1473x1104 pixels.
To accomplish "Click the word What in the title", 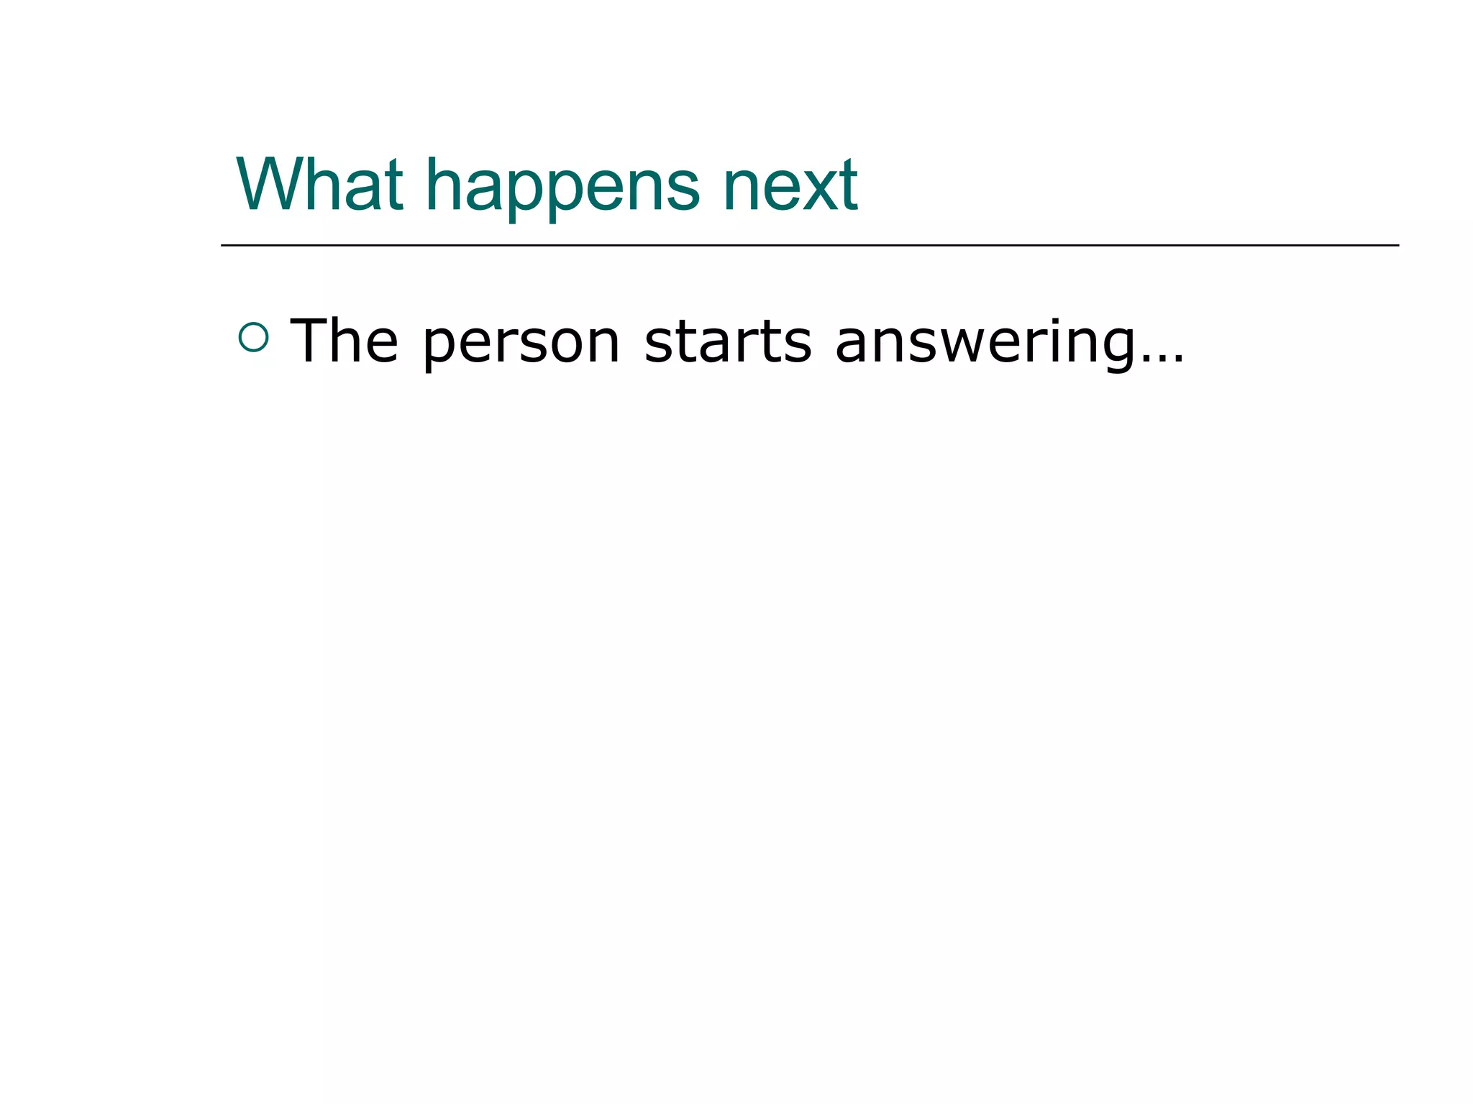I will (319, 185).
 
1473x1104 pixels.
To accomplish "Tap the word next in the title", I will (790, 185).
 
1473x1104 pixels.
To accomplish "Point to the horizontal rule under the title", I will (809, 246).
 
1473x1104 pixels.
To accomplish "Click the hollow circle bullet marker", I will (253, 338).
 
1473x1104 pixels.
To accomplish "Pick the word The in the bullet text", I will (344, 341).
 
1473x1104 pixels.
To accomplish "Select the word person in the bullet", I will (521, 344).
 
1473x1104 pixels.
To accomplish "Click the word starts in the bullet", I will (728, 341).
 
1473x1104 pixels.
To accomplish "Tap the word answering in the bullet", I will (982, 344).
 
